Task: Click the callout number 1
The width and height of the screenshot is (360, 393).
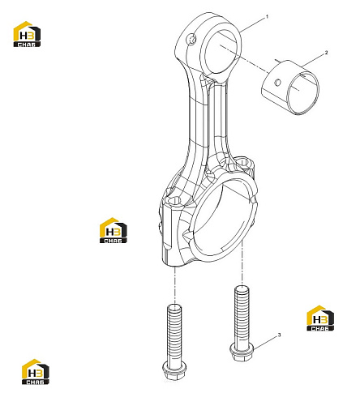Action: (x=268, y=17)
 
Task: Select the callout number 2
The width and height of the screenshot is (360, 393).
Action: (x=326, y=53)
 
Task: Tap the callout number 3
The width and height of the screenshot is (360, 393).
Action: (x=280, y=335)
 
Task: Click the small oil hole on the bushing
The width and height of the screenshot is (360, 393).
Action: (x=277, y=83)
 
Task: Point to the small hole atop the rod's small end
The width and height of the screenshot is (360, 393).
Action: (x=191, y=40)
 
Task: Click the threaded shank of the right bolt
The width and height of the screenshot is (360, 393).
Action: (x=242, y=314)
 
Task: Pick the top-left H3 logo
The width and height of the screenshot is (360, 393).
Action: (x=27, y=34)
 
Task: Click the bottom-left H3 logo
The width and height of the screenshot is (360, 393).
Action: (x=36, y=372)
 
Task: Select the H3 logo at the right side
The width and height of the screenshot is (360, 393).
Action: (x=320, y=318)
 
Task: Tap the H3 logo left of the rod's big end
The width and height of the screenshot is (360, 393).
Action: (x=113, y=230)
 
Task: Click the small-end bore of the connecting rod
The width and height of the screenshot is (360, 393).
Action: (x=221, y=53)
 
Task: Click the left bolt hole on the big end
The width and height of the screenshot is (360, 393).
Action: (x=174, y=201)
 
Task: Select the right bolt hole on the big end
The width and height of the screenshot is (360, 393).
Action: (x=243, y=161)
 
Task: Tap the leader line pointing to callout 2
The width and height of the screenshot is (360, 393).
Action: (x=313, y=60)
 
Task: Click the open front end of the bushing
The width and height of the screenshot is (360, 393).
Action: (x=302, y=93)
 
